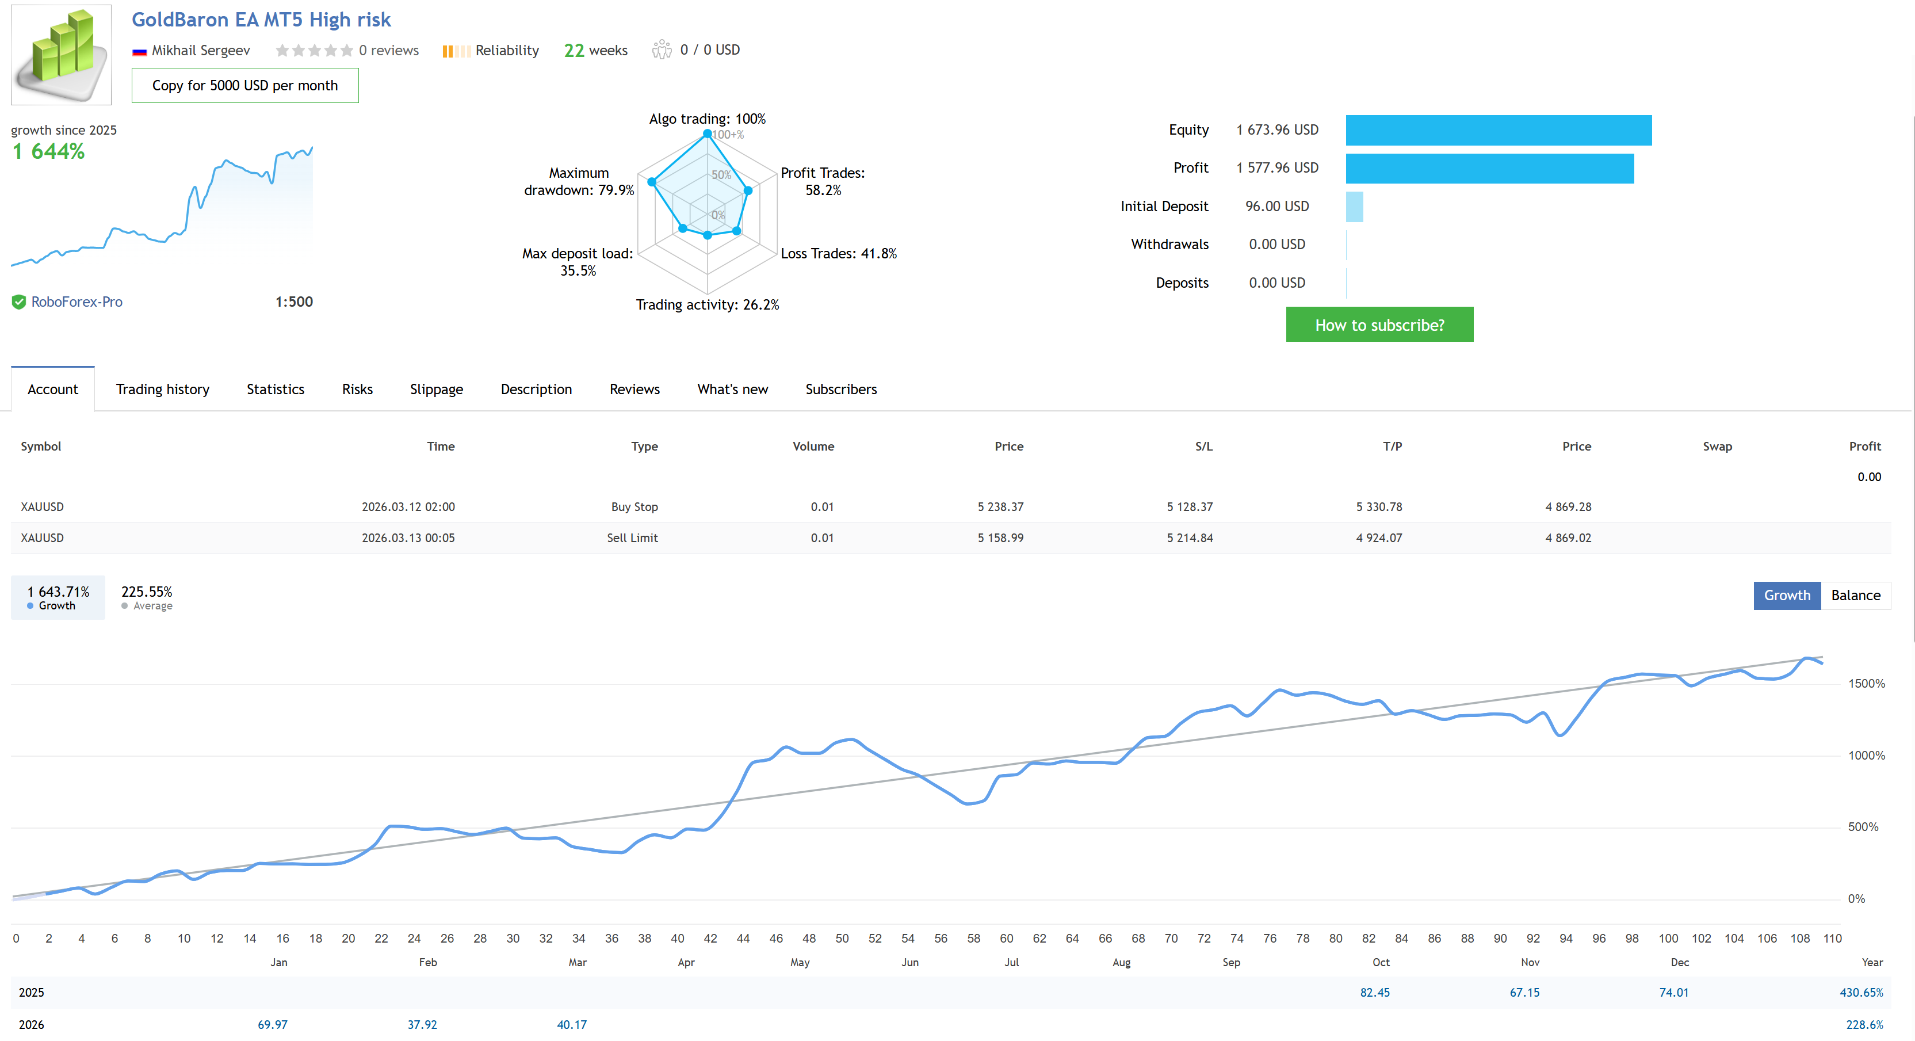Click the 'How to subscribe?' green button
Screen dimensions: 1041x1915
[x=1379, y=325]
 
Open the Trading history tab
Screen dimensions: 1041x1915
[x=162, y=389]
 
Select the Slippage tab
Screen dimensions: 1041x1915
[x=437, y=389]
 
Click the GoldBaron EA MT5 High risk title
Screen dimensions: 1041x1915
[x=261, y=20]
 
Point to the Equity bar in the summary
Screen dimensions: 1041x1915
[x=1498, y=130]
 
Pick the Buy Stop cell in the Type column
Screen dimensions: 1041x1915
[x=634, y=506]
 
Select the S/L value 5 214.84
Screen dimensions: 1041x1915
[x=1190, y=537]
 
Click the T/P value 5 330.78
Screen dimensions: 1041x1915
[x=1378, y=506]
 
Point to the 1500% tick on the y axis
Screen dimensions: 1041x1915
[x=1866, y=683]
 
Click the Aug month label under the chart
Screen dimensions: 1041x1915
[x=1121, y=962]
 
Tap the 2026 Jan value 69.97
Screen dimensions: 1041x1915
[x=272, y=1025]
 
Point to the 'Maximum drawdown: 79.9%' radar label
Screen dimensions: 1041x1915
[x=579, y=181]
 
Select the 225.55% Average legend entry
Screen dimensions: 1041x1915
[x=147, y=597]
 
